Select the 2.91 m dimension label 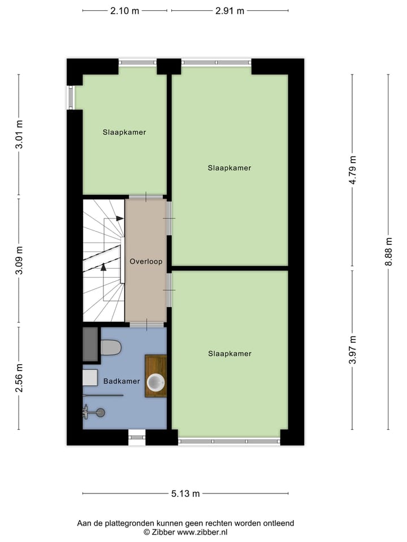point(230,11)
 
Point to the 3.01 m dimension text point(19,135)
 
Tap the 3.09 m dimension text point(19,261)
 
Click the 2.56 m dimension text point(19,378)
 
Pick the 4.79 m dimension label point(353,171)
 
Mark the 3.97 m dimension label point(353,351)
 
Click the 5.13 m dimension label point(185,494)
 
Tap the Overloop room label point(146,261)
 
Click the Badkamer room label point(122,381)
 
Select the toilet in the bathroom point(110,348)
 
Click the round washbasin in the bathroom point(155,383)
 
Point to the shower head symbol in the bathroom point(99,413)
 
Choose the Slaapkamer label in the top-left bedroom point(124,133)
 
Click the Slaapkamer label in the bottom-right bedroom point(230,354)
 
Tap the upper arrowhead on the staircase point(119,218)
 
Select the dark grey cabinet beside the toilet point(90,344)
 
